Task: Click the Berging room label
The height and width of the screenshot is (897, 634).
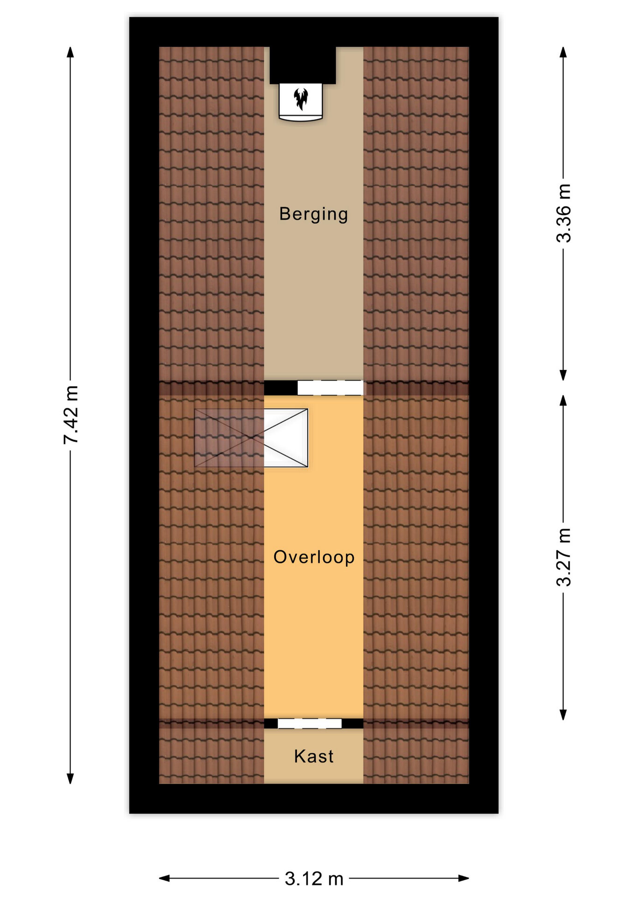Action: pyautogui.click(x=314, y=214)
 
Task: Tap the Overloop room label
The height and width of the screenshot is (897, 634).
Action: pyautogui.click(x=314, y=557)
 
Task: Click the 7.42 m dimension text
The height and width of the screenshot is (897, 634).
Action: pyautogui.click(x=71, y=415)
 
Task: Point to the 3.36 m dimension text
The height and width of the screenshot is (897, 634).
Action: pyautogui.click(x=564, y=213)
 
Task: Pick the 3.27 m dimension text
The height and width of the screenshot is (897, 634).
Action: pyautogui.click(x=564, y=557)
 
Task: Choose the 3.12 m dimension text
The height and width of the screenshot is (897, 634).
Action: pyautogui.click(x=314, y=879)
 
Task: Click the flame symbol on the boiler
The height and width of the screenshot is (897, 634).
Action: pyautogui.click(x=301, y=99)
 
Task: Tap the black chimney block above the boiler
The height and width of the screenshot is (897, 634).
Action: pyautogui.click(x=303, y=65)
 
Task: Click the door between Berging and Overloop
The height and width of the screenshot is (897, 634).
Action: pyautogui.click(x=331, y=388)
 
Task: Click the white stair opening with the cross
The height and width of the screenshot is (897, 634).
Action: pyautogui.click(x=286, y=438)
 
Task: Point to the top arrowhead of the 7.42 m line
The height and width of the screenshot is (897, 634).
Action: pyautogui.click(x=70, y=52)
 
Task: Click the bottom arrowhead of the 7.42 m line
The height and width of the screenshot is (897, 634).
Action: pyautogui.click(x=70, y=779)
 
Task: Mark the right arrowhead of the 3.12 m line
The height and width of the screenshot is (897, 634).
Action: pyautogui.click(x=464, y=878)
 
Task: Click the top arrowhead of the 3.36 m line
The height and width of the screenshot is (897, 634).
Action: pyautogui.click(x=564, y=52)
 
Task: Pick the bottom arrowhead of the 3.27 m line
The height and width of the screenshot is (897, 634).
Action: pyautogui.click(x=564, y=715)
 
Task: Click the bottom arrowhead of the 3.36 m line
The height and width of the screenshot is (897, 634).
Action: pyautogui.click(x=564, y=375)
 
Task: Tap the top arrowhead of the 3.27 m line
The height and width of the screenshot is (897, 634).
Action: pyautogui.click(x=564, y=400)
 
